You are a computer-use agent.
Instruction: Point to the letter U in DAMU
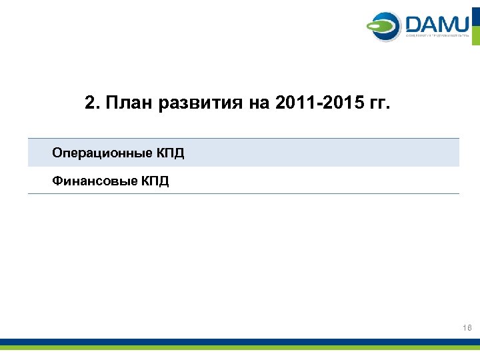(460, 25)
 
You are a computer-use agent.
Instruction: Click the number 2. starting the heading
(92, 104)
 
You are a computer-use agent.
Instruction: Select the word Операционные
(101, 154)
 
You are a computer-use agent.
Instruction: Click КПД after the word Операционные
(171, 153)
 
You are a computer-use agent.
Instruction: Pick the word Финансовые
(93, 181)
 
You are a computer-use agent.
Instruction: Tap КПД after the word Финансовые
(155, 180)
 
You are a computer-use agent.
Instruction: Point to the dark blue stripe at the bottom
(240, 341)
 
